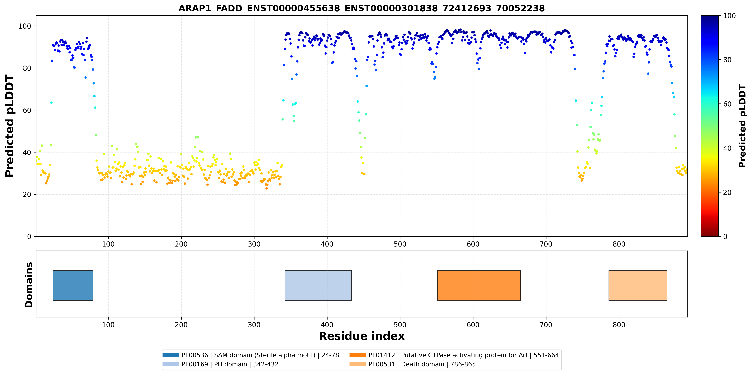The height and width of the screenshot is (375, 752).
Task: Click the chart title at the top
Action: pyautogui.click(x=361, y=8)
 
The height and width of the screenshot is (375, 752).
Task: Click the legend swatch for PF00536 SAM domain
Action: pyautogui.click(x=171, y=355)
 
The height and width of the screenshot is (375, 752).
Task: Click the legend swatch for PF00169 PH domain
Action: pyautogui.click(x=171, y=364)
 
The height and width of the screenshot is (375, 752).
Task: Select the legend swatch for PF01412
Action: pyautogui.click(x=357, y=355)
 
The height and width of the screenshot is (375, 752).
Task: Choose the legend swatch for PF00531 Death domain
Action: pyautogui.click(x=357, y=364)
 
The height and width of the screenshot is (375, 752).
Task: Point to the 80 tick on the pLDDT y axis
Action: pyautogui.click(x=27, y=68)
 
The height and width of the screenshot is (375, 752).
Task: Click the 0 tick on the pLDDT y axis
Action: pyautogui.click(x=29, y=236)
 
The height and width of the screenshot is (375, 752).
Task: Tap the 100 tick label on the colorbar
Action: pyautogui.click(x=729, y=16)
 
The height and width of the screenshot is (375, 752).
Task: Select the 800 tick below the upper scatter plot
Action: pyautogui.click(x=619, y=244)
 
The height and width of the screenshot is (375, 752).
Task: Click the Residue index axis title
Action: pyautogui.click(x=362, y=336)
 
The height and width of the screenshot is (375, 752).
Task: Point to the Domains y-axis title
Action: pyautogui.click(x=29, y=285)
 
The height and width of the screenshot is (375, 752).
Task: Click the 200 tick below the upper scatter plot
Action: pyautogui.click(x=181, y=244)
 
